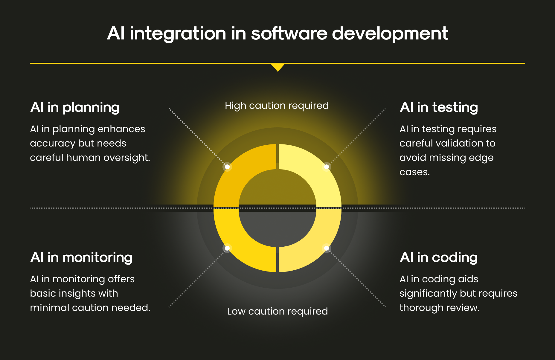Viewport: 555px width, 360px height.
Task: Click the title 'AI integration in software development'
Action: click(x=277, y=33)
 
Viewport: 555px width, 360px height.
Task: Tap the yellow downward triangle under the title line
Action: click(x=278, y=67)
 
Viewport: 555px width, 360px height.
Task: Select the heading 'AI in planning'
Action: click(x=75, y=108)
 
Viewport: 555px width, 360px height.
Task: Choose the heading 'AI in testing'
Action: click(x=439, y=108)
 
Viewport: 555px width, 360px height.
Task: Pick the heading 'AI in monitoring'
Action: click(x=81, y=258)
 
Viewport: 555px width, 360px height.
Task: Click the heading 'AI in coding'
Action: click(x=439, y=258)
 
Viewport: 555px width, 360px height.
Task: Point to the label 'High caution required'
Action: click(x=277, y=106)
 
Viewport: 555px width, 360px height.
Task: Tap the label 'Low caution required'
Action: click(x=277, y=312)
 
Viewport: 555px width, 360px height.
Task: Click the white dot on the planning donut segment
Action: click(x=227, y=167)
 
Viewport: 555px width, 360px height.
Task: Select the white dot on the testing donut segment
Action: click(x=327, y=167)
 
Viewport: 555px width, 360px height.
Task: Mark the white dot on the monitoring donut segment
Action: click(x=227, y=248)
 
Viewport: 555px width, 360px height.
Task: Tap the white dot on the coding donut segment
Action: click(x=327, y=248)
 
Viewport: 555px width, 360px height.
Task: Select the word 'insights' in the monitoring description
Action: click(x=77, y=294)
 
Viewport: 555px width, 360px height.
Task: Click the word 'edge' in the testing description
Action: click(x=481, y=158)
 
